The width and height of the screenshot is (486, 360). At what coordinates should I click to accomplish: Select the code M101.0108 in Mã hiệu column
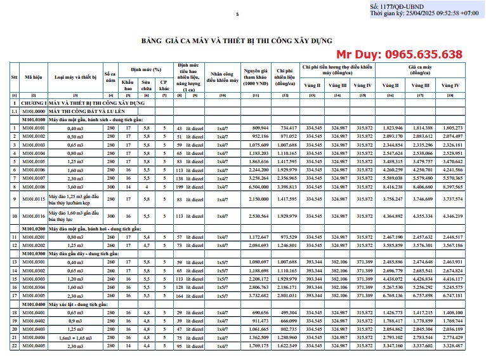click(x=34, y=187)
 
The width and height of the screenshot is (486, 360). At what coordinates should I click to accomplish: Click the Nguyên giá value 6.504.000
click(x=257, y=187)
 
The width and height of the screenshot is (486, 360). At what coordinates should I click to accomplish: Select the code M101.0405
click(x=34, y=345)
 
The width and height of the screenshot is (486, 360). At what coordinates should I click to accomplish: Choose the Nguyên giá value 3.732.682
click(x=257, y=295)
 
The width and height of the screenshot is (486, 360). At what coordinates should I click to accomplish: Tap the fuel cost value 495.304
click(x=286, y=312)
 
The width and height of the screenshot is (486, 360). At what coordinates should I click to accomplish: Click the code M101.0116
click(x=34, y=217)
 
